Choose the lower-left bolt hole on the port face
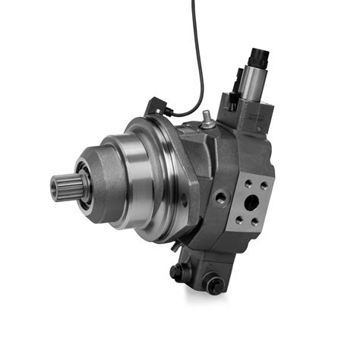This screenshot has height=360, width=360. [x=240, y=219]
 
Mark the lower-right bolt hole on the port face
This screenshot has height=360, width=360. [x=258, y=223]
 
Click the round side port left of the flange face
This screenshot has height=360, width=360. [x=221, y=197]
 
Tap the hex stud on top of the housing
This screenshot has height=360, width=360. [x=206, y=118]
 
